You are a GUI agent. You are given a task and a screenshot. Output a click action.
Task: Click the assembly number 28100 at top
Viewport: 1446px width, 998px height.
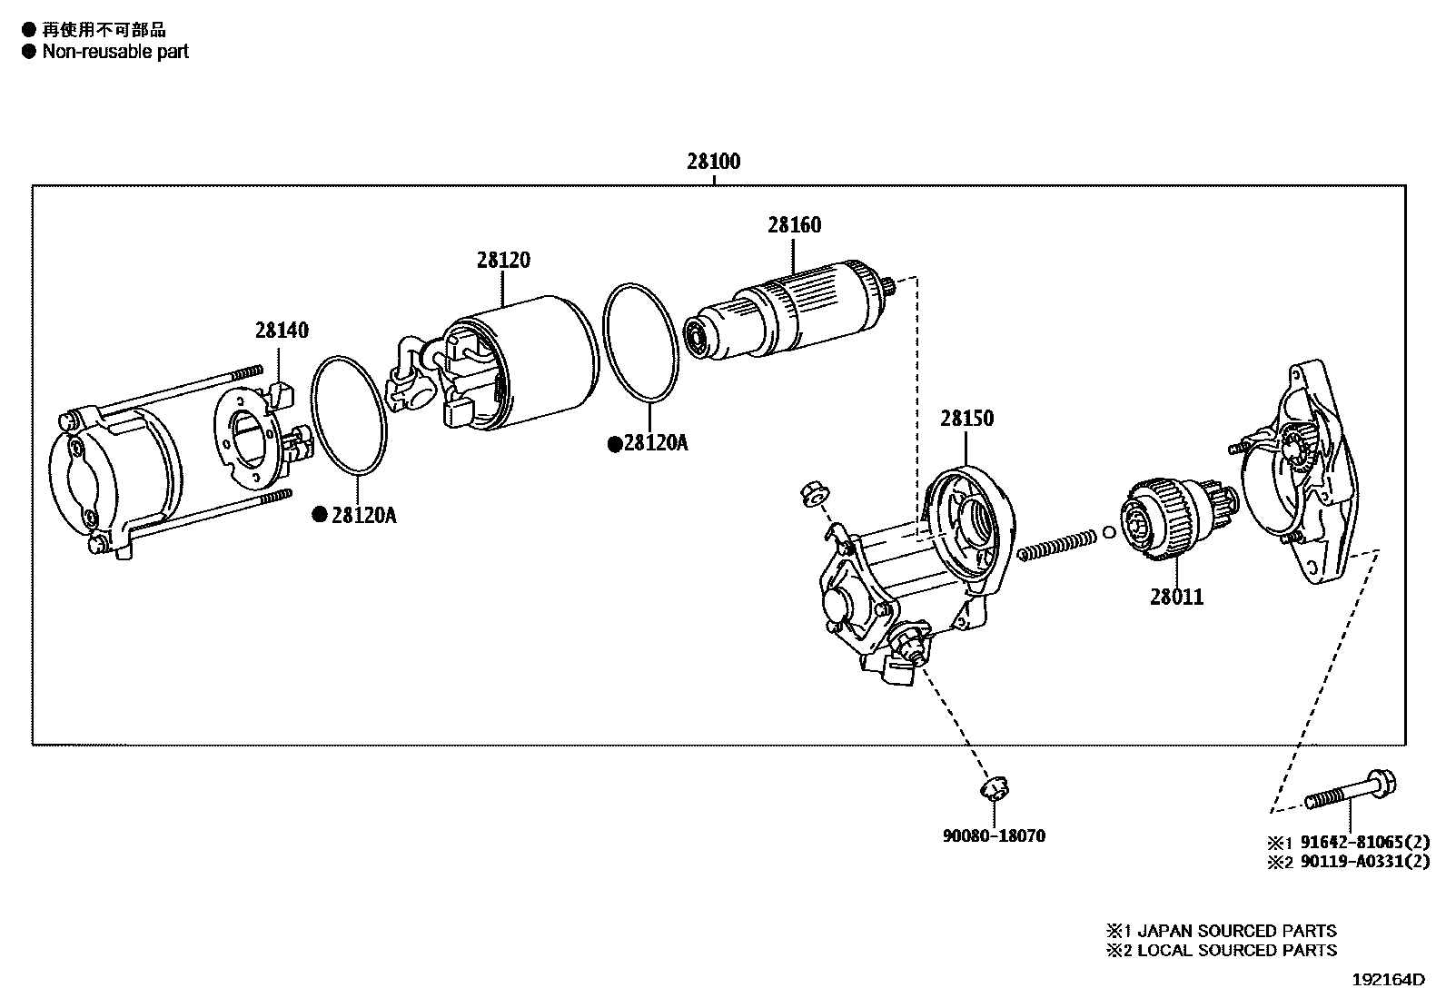pos(713,161)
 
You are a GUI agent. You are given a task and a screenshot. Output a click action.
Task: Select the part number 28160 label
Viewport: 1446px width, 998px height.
pos(794,224)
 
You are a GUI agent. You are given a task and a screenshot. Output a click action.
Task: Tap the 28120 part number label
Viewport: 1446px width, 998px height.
pos(503,260)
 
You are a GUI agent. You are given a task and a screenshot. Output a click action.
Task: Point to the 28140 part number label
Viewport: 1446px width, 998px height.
pos(282,330)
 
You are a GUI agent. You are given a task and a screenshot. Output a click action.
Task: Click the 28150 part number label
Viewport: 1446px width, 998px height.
pos(966,419)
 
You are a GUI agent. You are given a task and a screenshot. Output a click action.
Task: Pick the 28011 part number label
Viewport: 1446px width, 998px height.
pos(1176,597)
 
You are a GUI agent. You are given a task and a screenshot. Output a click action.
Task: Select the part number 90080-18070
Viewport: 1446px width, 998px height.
pos(994,835)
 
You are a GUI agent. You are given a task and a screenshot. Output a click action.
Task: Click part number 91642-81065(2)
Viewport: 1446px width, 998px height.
pos(1364,842)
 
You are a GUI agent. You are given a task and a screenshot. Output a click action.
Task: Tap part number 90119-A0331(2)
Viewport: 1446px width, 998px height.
pos(1364,861)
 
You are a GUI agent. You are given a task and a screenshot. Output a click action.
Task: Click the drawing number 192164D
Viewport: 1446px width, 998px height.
pos(1388,979)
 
